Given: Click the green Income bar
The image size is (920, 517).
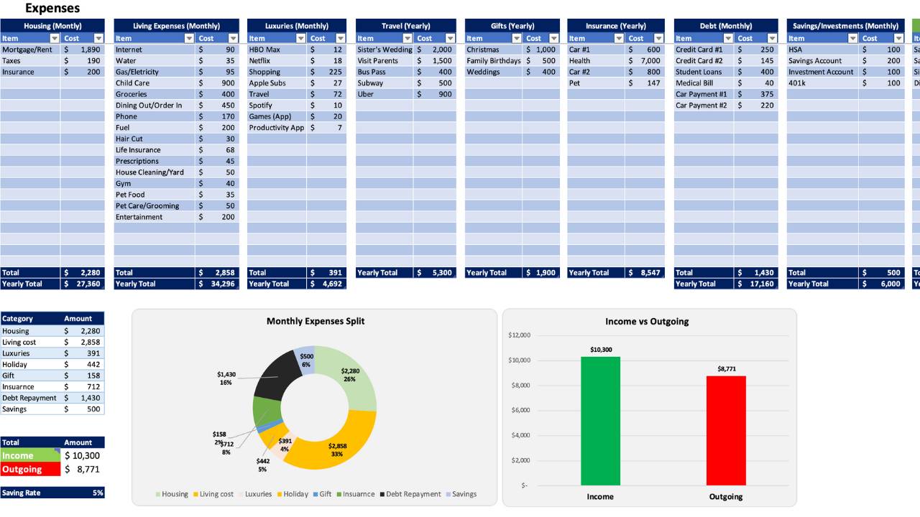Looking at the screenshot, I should click(600, 421).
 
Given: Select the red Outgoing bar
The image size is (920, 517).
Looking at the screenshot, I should click(726, 430).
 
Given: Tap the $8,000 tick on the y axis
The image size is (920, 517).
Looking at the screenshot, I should click(519, 386).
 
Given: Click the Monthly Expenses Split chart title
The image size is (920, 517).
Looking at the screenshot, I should click(315, 321).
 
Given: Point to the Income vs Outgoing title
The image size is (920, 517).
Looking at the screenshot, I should click(647, 321).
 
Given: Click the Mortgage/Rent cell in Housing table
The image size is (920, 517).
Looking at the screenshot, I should click(27, 50).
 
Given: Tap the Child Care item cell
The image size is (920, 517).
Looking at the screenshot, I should click(133, 83).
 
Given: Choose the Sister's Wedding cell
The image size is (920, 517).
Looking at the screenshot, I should click(385, 50).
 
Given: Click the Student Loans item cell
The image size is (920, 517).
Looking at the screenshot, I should click(699, 72).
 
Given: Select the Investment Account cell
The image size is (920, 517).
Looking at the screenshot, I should click(821, 72).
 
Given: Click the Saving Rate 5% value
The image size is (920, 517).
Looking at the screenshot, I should click(98, 493).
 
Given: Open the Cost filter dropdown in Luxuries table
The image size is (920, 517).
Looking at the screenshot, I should click(339, 38).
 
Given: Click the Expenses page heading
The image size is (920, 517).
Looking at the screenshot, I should click(52, 9).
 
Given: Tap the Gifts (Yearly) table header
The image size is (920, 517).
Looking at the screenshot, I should click(511, 26).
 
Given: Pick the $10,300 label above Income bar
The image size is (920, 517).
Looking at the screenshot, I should click(600, 350).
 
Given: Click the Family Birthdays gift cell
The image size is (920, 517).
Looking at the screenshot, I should click(493, 61).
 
